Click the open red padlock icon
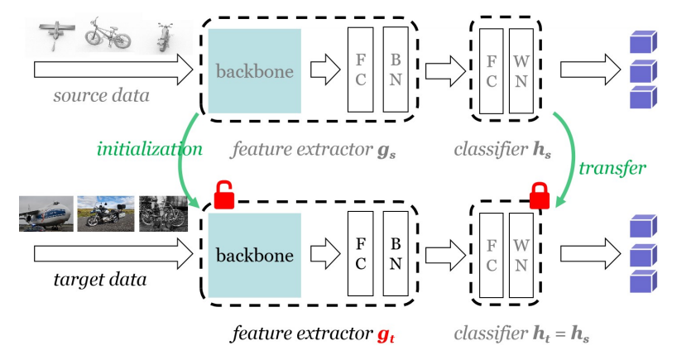(224, 196)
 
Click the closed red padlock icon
(540, 195)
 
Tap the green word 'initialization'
(149, 149)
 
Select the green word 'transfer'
(612, 167)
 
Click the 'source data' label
(101, 95)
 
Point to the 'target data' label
(101, 279)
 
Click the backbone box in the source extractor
(255, 71)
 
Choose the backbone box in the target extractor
(255, 255)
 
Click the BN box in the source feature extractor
(396, 70)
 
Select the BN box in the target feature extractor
(396, 254)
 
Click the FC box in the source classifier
(491, 70)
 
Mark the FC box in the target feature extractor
(361, 254)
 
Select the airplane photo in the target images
(46, 214)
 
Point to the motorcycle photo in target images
(105, 214)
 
